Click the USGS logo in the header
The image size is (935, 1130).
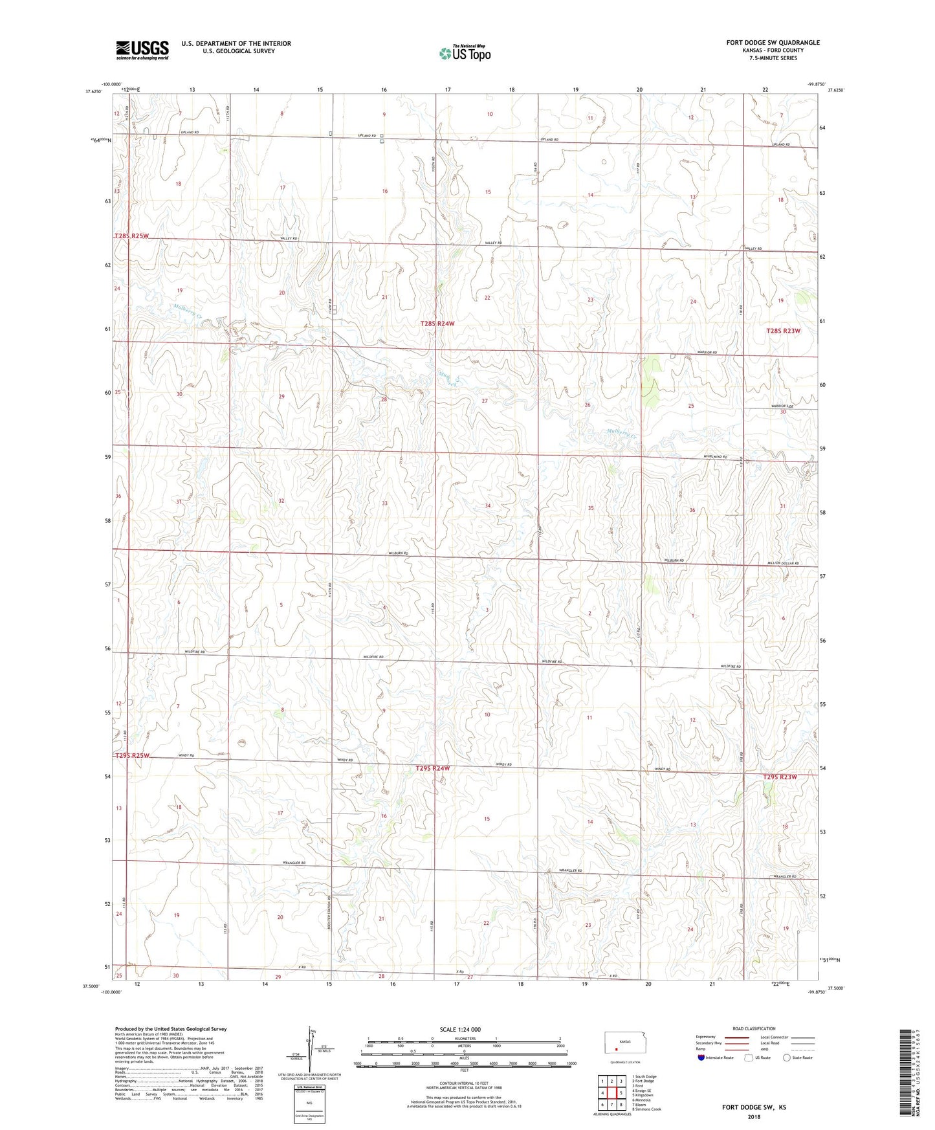[142, 49]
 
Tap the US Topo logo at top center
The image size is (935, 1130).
[465, 52]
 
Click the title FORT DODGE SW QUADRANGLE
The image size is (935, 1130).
[773, 43]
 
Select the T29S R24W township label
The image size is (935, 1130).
[432, 768]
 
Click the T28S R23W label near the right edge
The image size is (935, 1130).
[783, 331]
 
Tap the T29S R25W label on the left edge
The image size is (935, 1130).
[133, 755]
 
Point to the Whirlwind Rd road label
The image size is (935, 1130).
[716, 457]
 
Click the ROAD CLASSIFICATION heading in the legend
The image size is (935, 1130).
[754, 1028]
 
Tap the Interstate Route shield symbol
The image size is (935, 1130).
[701, 1058]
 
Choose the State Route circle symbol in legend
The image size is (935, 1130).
[786, 1058]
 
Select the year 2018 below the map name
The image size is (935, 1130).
[754, 1116]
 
